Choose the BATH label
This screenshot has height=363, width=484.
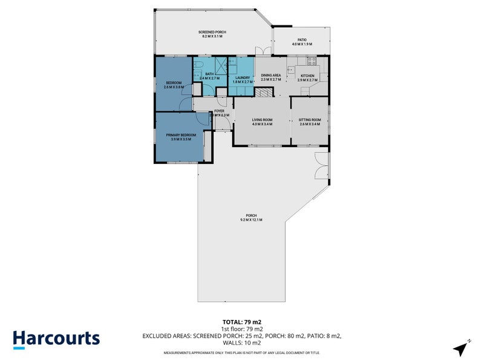pyautogui.click(x=209, y=76)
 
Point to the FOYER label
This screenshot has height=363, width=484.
pyautogui.click(x=219, y=112)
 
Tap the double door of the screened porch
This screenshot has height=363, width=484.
pyautogui.click(x=260, y=52)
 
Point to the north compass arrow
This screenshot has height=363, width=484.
pyautogui.click(x=462, y=348)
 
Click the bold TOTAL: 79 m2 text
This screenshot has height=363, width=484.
pyautogui.click(x=242, y=322)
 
